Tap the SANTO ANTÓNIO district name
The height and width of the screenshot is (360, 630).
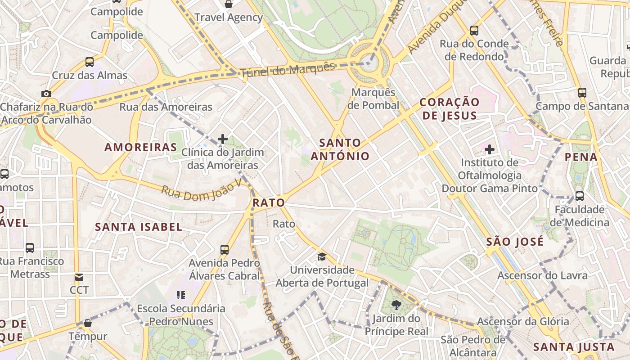tap(340, 150)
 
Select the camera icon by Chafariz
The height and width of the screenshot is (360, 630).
tap(46, 94)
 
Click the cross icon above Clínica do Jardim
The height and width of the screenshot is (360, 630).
tap(223, 139)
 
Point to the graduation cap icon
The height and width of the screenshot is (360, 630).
tap(322, 256)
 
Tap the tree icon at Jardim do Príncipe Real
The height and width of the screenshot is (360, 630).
tap(396, 305)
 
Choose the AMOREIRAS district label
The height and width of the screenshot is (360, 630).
tap(141, 147)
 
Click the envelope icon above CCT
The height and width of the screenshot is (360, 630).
tap(79, 277)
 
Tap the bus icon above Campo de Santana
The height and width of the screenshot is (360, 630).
tap(582, 93)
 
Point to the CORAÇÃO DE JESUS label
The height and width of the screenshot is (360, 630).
tap(449, 109)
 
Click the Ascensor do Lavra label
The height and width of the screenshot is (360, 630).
tap(542, 275)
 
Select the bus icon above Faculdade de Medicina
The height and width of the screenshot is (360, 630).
tap(580, 196)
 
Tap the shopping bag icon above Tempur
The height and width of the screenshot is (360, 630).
tap(88, 323)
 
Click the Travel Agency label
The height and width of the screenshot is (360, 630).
tap(229, 18)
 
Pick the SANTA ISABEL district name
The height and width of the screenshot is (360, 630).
tap(139, 227)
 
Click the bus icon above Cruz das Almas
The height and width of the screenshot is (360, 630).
tap(90, 62)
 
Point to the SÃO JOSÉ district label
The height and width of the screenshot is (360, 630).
tap(515, 242)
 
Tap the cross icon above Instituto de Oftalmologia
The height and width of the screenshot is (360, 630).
tap(490, 149)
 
